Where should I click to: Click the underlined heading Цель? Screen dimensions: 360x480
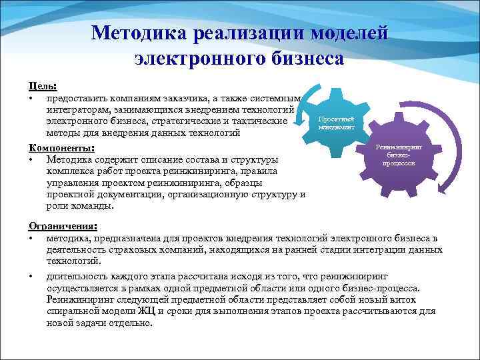click(x=42, y=87)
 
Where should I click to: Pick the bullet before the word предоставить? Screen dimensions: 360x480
click(x=31, y=99)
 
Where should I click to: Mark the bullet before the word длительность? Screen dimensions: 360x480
click(x=31, y=276)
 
